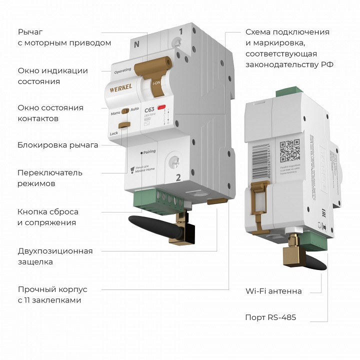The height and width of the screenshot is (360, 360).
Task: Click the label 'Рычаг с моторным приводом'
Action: [64, 37]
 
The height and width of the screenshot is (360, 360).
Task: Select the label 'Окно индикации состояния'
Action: [52, 76]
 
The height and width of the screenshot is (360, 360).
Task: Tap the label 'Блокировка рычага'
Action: [57, 145]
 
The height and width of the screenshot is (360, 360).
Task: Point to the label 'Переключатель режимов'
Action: [50, 178]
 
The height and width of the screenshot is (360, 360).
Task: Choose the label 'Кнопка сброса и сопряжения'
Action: [48, 217]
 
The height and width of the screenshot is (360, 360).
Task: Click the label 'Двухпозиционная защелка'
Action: [55, 256]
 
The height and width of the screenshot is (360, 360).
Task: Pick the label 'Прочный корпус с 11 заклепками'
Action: [52, 295]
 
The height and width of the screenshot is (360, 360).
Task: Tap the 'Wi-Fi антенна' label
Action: [273, 291]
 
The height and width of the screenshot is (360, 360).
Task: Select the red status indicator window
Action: [162, 107]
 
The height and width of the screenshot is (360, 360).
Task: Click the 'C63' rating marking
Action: [149, 110]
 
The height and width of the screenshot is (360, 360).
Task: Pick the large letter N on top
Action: [136, 44]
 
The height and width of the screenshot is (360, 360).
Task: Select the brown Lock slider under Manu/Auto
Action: [125, 125]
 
